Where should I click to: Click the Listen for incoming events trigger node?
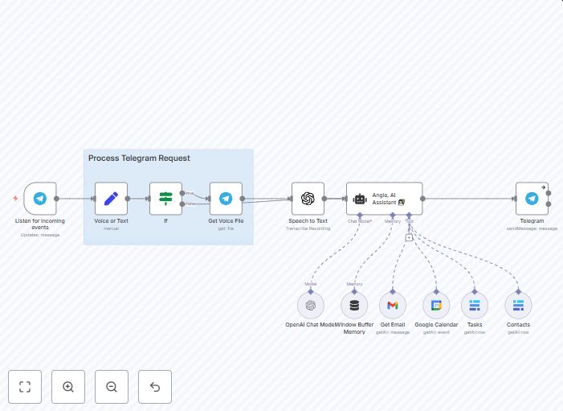(39, 198)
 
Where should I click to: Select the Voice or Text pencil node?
(111, 198)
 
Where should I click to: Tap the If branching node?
(165, 198)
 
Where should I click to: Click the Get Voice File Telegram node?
(226, 198)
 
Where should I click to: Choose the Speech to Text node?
(308, 198)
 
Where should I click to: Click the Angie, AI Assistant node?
(384, 198)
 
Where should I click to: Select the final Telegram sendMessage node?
(532, 198)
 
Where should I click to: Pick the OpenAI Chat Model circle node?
(311, 306)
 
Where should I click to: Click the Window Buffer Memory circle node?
(354, 306)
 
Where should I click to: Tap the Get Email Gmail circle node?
(392, 306)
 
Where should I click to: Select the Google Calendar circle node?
(436, 306)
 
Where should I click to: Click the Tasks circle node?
(475, 306)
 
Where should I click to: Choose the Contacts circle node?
(518, 306)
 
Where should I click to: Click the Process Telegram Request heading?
(139, 158)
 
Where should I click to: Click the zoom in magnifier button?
(68, 387)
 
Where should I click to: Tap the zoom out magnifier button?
(112, 387)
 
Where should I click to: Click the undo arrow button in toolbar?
(155, 387)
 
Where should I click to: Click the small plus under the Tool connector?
(409, 237)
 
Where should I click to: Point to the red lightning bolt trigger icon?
(15, 198)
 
